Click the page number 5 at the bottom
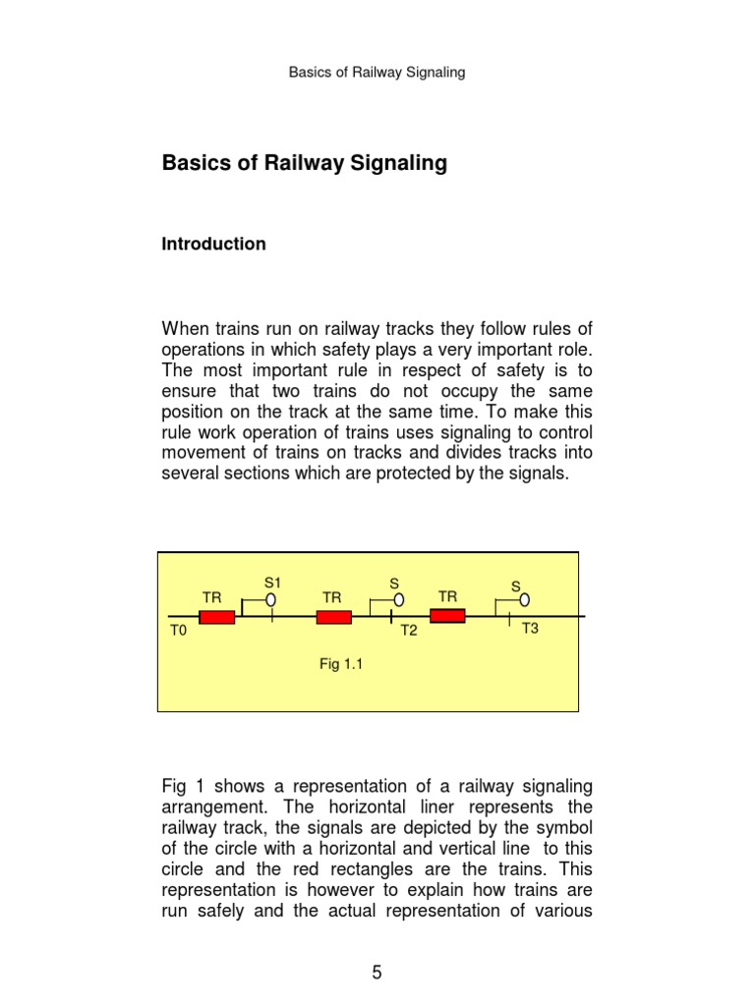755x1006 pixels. [377, 973]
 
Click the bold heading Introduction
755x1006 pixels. [213, 244]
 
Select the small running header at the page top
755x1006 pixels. [377, 72]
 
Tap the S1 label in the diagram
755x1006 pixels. [273, 583]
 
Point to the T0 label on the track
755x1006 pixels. [178, 631]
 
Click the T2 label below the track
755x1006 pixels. [409, 631]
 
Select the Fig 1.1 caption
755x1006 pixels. [342, 664]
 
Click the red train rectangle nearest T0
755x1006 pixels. [216, 617]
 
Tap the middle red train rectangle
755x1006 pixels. [333, 617]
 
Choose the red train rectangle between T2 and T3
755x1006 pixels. [447, 616]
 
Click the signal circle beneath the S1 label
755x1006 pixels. [271, 600]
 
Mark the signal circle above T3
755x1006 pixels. [525, 599]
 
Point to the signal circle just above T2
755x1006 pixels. [398, 600]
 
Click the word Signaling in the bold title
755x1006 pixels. [399, 163]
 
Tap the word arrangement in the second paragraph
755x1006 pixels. [209, 807]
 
